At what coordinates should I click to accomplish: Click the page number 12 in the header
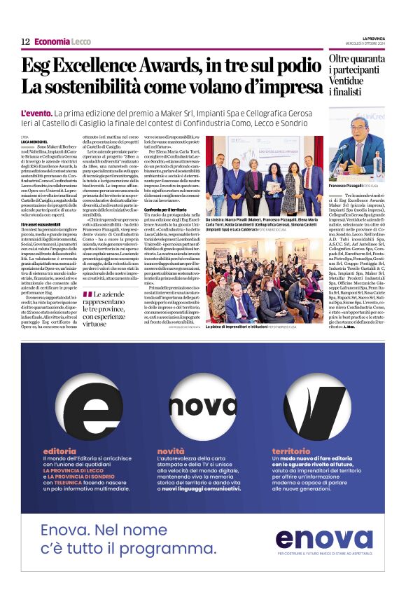[x=25, y=42]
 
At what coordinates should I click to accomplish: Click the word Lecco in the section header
[x=81, y=42]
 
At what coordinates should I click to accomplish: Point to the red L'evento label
[x=41, y=113]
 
